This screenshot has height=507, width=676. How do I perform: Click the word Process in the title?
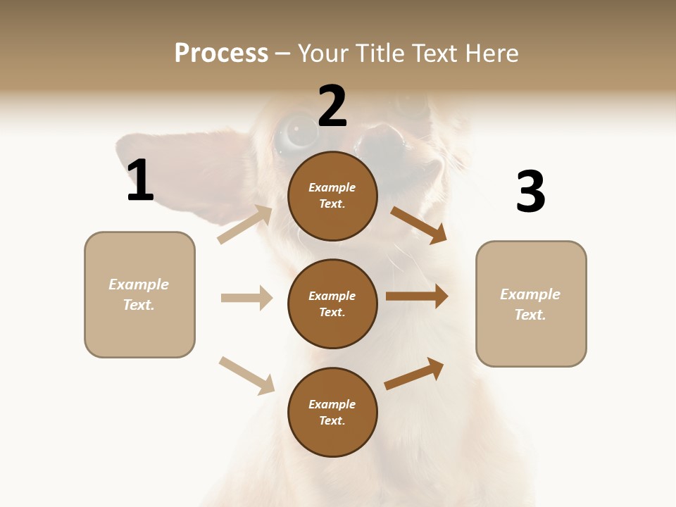coord(221,54)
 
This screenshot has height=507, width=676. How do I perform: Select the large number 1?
coord(140,180)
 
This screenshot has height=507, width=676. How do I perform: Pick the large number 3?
coord(530,192)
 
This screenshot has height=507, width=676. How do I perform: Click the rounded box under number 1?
coord(139,294)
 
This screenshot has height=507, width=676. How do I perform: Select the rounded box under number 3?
coord(531,304)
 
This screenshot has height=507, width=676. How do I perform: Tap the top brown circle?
coord(332,196)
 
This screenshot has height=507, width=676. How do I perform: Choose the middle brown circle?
coord(332,303)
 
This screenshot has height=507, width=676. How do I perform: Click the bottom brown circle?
coord(332,412)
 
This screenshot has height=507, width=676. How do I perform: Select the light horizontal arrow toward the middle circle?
coord(246,298)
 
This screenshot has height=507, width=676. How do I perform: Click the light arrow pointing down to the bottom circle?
coord(246,375)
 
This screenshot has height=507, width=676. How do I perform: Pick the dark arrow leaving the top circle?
coord(419,225)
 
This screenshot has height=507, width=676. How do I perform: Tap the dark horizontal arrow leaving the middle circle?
coord(417,296)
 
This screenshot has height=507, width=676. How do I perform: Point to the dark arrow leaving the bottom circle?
coord(414,373)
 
